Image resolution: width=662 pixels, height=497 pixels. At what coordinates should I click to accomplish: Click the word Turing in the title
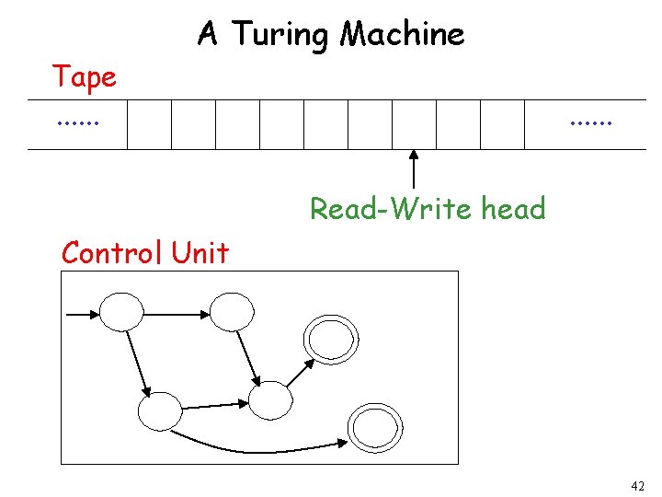[x=282, y=35]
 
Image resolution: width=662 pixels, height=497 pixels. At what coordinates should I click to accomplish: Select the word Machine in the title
[x=403, y=35]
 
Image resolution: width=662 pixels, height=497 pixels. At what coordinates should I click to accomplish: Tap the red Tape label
[x=85, y=77]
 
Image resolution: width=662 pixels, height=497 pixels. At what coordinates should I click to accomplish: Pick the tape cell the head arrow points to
[x=414, y=124]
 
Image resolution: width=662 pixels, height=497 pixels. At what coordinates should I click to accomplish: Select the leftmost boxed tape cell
[x=149, y=124]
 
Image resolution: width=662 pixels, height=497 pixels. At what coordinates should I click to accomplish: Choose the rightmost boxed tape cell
[x=502, y=124]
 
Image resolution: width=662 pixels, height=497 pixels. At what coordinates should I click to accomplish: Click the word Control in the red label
[x=111, y=252]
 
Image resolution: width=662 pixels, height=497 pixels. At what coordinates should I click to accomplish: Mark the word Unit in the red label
[x=199, y=252]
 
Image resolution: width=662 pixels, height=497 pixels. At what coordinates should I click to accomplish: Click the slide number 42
[x=638, y=485]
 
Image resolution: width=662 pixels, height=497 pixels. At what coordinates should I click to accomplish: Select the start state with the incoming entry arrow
[x=121, y=311]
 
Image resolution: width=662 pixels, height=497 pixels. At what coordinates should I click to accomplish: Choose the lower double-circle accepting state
[x=371, y=427]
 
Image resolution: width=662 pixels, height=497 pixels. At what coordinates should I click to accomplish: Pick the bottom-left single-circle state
[x=160, y=411]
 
